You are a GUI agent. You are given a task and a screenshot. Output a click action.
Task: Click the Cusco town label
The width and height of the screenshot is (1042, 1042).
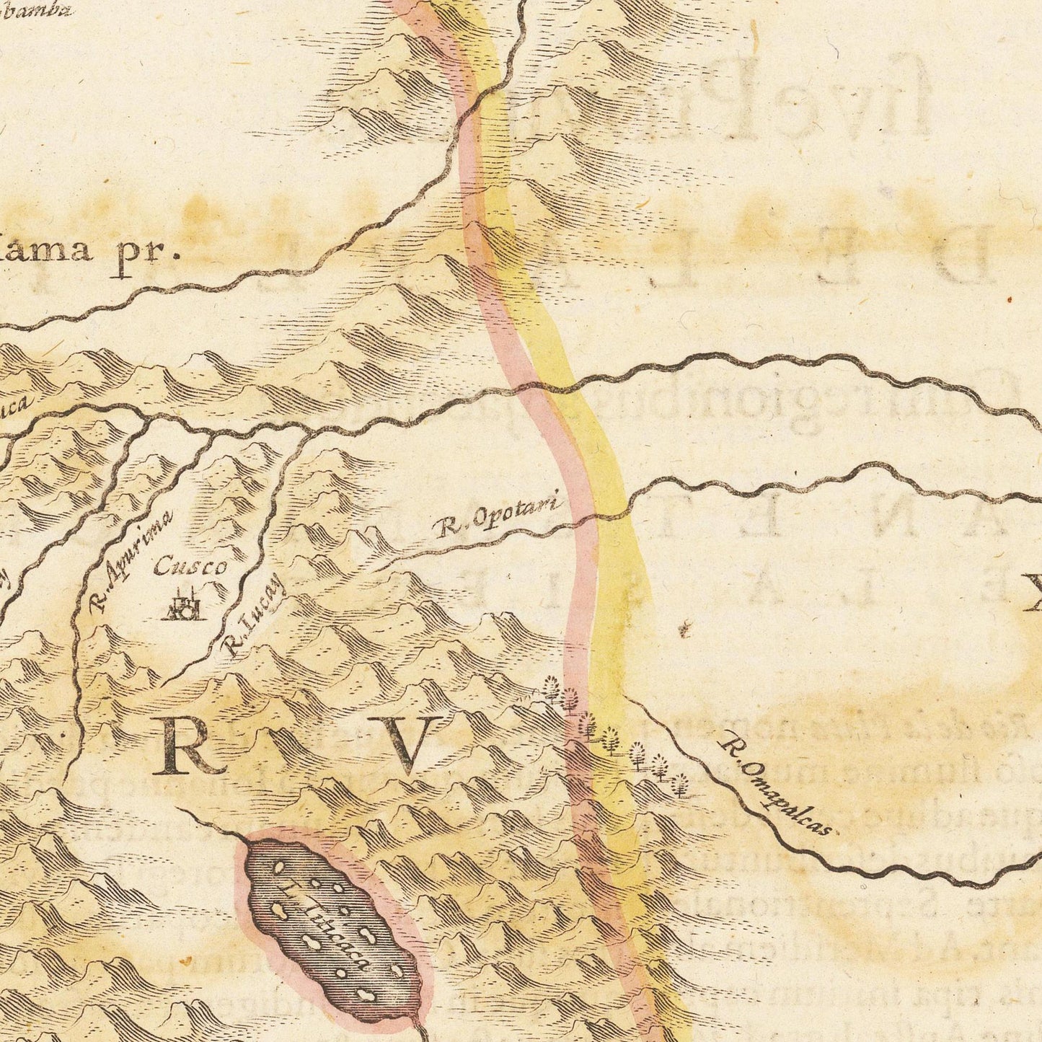pos(190,567)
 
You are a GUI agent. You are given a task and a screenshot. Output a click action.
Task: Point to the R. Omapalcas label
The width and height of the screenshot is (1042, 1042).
pos(777,784)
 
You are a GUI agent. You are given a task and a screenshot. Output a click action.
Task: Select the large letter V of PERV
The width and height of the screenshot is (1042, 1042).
pos(412,745)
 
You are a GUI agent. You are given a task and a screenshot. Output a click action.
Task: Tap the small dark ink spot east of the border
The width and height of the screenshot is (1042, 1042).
pos(683,632)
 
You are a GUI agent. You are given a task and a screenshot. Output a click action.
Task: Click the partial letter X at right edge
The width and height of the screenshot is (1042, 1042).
pos(1033,593)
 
